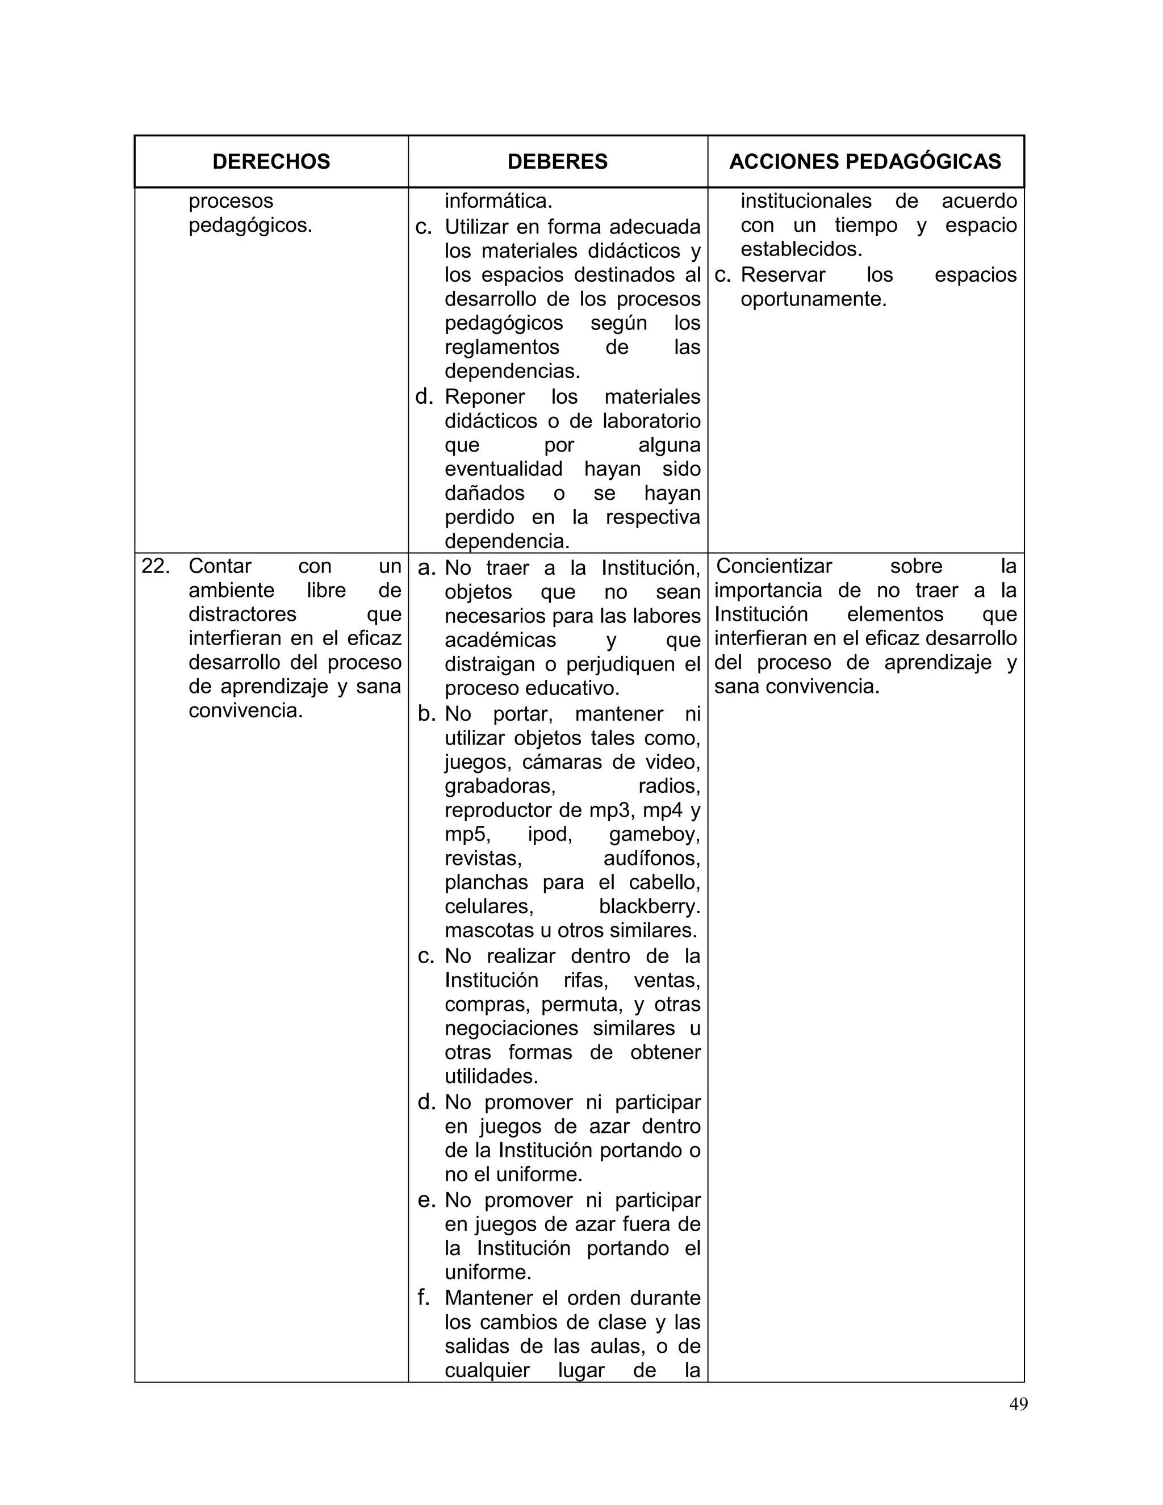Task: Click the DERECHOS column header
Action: coord(271,161)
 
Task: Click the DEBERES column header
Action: coord(558,161)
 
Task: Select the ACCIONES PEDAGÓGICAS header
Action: coord(865,161)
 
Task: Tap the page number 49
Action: coord(1018,1404)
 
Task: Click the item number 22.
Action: coord(156,566)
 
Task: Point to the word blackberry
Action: coord(649,906)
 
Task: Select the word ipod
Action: coord(549,834)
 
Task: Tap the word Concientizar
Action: coord(774,566)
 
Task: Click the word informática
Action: coord(498,201)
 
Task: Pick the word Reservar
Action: coord(783,274)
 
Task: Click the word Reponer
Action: coord(484,396)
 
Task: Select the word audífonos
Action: coord(651,858)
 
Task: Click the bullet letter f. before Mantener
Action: coord(424,1298)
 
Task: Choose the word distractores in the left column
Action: coord(242,614)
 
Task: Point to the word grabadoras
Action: coord(500,785)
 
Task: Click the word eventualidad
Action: coord(503,469)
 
